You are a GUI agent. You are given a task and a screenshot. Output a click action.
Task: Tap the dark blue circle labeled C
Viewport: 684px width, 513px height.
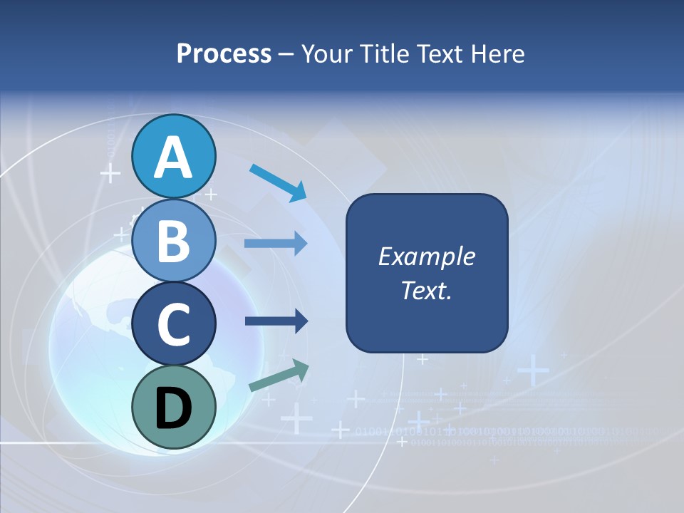click(174, 323)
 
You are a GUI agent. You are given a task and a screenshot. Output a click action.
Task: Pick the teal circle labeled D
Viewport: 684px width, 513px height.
click(174, 407)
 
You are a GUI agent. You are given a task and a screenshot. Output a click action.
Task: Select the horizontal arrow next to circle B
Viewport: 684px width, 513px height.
click(275, 244)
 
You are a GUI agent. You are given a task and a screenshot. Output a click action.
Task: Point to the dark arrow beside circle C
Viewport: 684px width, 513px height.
click(276, 321)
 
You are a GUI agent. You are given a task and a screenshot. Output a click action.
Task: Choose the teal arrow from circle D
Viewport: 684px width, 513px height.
click(279, 375)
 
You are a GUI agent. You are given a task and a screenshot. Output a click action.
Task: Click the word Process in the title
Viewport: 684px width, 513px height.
click(224, 54)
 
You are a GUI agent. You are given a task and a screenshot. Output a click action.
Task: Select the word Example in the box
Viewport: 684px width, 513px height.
click(426, 257)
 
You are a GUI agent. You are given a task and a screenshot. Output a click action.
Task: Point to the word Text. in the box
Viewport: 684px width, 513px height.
click(426, 290)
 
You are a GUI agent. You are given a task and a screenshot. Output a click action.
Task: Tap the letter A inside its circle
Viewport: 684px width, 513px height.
click(174, 157)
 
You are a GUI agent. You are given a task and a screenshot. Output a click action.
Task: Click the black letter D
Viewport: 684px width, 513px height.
click(174, 408)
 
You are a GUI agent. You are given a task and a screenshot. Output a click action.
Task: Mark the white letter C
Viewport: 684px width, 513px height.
click(174, 325)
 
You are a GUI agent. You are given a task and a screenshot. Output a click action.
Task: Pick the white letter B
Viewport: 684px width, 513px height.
click(174, 241)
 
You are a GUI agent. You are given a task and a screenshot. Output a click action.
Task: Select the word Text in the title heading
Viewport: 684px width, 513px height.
click(439, 54)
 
